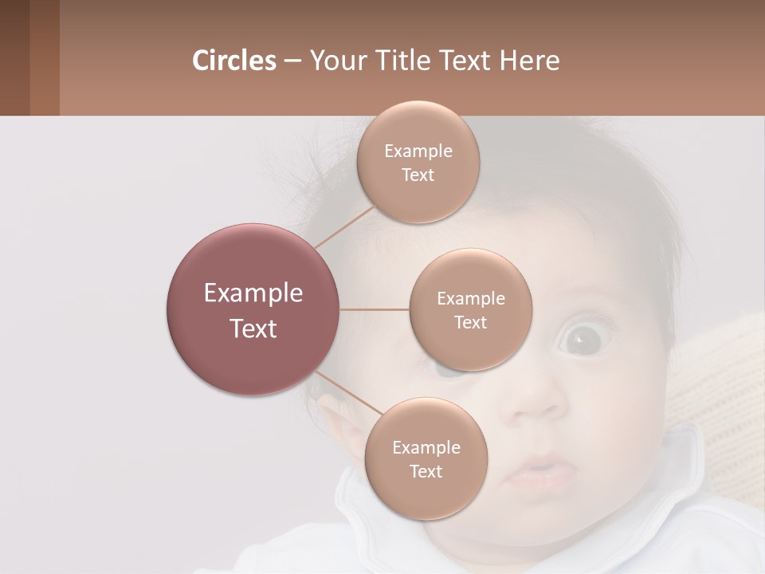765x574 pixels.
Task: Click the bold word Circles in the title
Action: tap(233, 61)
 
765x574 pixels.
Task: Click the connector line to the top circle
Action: tap(343, 226)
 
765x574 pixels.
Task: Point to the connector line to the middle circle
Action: tap(375, 309)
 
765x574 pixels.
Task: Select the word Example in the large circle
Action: tap(253, 293)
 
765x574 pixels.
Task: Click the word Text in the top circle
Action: tap(418, 175)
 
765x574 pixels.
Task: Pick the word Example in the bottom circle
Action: tap(426, 448)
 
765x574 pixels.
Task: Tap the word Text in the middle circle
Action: tap(470, 323)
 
